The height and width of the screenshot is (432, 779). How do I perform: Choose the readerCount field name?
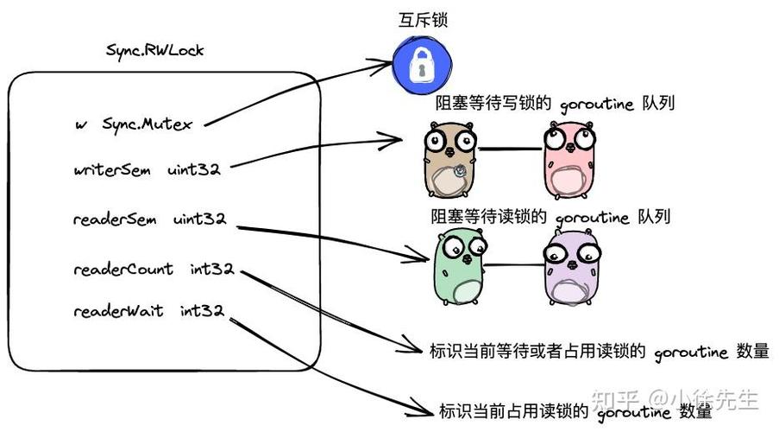point(123,270)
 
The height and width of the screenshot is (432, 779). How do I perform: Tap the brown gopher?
point(450,161)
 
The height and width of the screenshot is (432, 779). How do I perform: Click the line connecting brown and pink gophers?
point(512,149)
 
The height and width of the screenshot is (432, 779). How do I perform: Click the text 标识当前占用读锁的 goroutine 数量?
point(575,410)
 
